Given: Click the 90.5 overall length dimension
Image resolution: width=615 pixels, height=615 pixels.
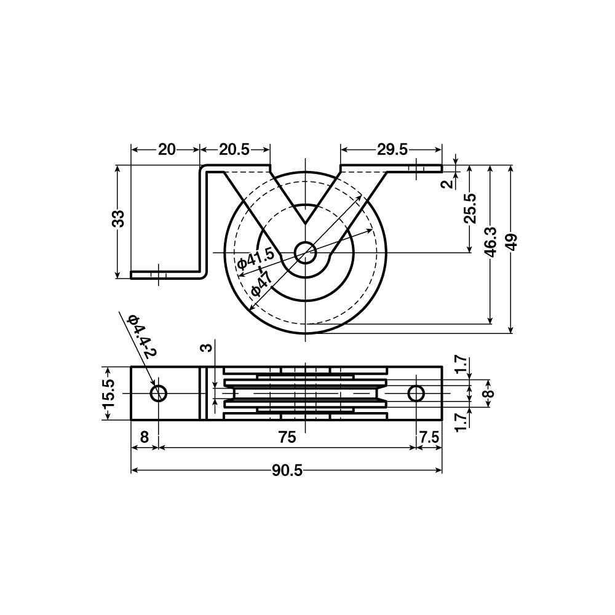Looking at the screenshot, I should [287, 470].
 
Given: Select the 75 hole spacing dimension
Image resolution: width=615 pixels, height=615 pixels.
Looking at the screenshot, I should [287, 437].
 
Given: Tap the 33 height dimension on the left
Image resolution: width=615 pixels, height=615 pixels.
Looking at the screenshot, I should [119, 218].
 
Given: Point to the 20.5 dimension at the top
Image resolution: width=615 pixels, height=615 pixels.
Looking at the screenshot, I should [234, 149].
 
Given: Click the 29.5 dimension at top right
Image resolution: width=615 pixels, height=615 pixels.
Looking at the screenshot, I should [392, 149].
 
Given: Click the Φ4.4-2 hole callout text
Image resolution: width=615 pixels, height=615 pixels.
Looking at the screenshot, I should [142, 336].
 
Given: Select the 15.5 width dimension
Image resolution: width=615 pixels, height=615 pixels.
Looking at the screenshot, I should [108, 394].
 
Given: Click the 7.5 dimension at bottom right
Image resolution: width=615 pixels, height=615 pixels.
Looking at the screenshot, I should [429, 437].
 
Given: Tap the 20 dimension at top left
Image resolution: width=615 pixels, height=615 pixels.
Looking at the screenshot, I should [167, 149].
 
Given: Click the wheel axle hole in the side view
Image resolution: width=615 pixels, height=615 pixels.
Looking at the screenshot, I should [305, 252].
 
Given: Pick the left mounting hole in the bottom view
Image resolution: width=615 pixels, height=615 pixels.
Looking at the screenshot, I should [159, 394].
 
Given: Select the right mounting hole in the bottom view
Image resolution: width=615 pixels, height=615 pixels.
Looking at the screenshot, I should [416, 394].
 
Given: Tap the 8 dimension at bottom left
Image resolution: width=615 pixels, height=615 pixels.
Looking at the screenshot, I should [144, 437].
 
